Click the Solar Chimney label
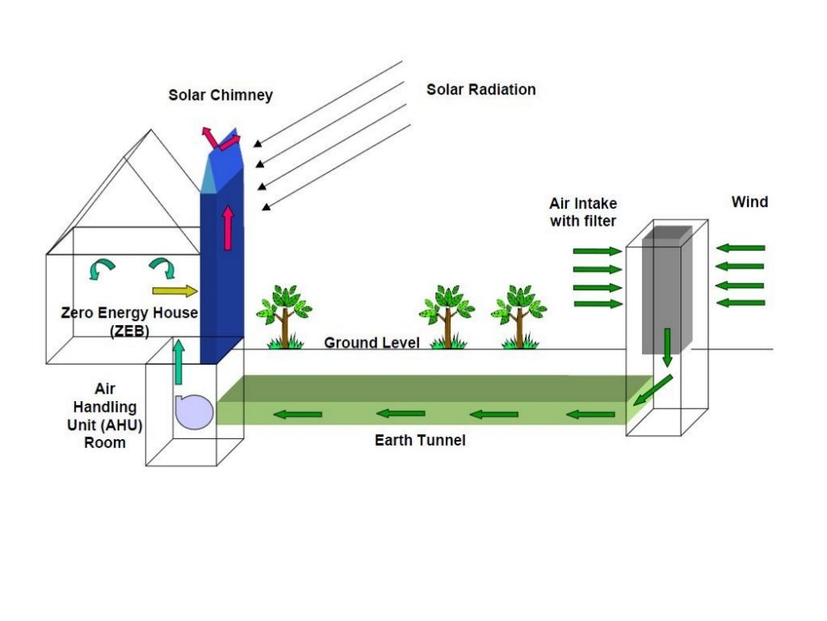click(220, 95)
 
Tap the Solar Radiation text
click(481, 89)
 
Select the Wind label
click(749, 201)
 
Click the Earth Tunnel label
click(420, 441)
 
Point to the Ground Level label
click(372, 343)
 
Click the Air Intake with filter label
click(583, 212)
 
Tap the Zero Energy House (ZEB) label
click(129, 321)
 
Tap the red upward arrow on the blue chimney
click(229, 227)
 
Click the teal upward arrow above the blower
click(178, 361)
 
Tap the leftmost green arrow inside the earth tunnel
click(297, 414)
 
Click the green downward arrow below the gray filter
click(667, 346)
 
